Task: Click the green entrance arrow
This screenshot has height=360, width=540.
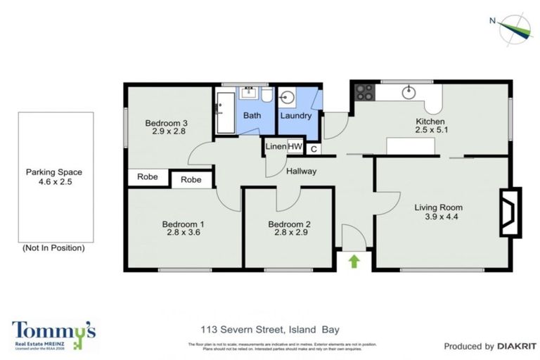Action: coord(354,262)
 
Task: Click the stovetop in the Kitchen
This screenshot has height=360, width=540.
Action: coord(365,91)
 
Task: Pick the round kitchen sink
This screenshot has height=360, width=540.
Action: coord(409,92)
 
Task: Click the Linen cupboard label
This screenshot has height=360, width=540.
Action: coord(275,147)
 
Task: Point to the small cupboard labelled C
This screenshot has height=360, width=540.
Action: coord(313,148)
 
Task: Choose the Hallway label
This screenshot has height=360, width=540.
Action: coord(302,171)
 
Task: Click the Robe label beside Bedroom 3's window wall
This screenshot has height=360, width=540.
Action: coord(148,176)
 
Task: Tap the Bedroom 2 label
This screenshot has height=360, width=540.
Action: coord(290,224)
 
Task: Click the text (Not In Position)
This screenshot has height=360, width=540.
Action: coord(54,247)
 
